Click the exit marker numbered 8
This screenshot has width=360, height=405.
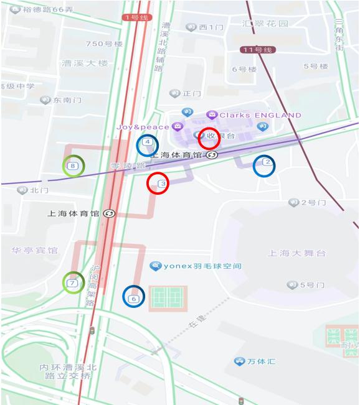[x=73, y=166]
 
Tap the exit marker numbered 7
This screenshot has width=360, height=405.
[x=73, y=283]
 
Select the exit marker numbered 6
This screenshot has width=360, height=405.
[x=133, y=298]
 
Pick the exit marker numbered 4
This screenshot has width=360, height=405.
[x=147, y=142]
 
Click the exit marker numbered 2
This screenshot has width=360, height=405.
[x=267, y=163]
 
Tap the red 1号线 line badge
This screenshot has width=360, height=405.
[x=135, y=17]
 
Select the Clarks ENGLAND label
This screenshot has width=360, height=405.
[x=260, y=115]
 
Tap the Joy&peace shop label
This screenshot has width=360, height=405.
[x=142, y=127]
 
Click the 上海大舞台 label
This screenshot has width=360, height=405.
[x=296, y=253]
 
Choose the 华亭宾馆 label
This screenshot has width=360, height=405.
[x=34, y=251]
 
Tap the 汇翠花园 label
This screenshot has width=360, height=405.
[x=266, y=24]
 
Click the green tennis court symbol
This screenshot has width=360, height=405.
[x=168, y=298]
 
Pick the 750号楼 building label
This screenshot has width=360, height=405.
[x=104, y=44]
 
